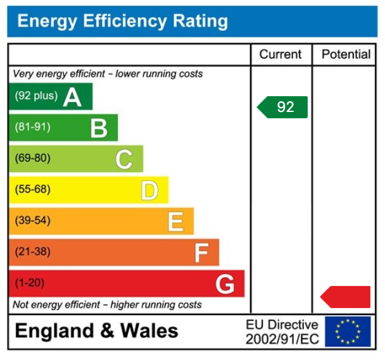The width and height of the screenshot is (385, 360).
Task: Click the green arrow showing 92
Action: coord(283,107)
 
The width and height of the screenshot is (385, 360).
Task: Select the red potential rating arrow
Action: coord(346,296)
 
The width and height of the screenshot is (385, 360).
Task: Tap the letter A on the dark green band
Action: coord(72,97)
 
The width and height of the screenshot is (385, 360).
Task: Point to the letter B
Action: coord(99,128)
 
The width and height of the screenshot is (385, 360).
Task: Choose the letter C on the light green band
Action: coord(124,159)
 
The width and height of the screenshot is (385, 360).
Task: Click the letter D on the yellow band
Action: coord(149,190)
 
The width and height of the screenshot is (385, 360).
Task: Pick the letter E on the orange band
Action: coord(175,221)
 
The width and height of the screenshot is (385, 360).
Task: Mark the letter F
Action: coord(201,252)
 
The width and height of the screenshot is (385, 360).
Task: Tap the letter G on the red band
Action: coord(225,283)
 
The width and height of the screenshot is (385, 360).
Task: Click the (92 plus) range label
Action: coord(36,96)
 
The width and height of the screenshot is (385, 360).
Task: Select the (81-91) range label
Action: coord(32,127)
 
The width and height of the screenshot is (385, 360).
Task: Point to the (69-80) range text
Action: coord(32,158)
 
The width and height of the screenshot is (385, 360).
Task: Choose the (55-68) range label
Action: coord(32,189)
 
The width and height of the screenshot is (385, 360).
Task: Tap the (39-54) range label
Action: coord(32,220)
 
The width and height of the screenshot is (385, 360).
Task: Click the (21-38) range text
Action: coord(32,251)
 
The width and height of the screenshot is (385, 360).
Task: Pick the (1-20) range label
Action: coord(30,282)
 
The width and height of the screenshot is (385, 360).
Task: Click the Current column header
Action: coord(281,54)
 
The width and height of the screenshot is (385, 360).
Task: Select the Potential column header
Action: coord(346,54)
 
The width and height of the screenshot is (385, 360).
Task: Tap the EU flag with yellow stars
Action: coord(347,332)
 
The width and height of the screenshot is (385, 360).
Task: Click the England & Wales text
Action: coord(96,331)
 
